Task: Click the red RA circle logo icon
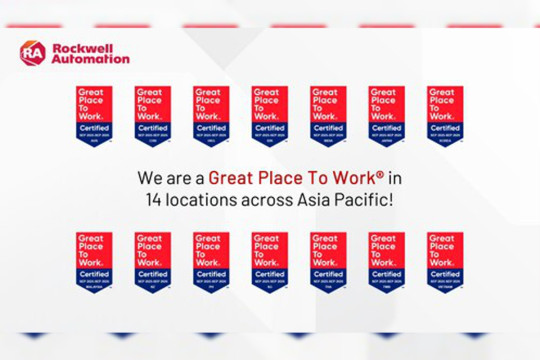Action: [x=33, y=53]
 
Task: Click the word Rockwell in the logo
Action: [x=80, y=46]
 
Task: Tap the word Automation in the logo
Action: [x=90, y=59]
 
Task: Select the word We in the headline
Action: [x=148, y=180]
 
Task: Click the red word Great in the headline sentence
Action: [x=229, y=180]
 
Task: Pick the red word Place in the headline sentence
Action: [x=277, y=180]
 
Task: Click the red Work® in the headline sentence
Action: [x=354, y=180]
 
